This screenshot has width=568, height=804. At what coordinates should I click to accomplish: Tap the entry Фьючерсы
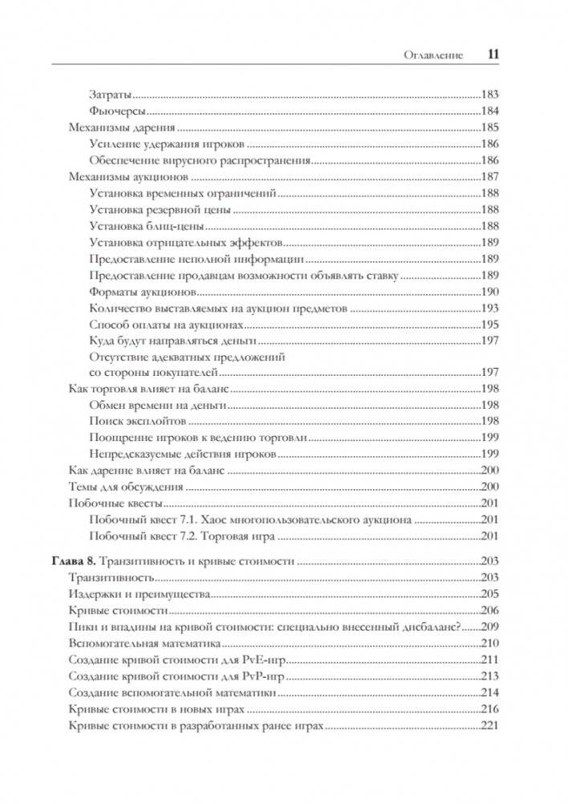coord(116,111)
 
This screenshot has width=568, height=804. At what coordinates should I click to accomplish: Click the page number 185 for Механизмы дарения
coord(489,128)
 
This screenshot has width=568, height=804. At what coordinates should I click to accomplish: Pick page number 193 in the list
coord(489,308)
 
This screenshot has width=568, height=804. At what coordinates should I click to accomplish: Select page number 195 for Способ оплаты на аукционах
coord(489,325)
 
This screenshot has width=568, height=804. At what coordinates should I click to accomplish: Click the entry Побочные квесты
coord(116,504)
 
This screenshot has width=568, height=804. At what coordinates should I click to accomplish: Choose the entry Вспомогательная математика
coord(149,643)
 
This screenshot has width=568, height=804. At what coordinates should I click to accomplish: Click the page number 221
coord(489,725)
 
